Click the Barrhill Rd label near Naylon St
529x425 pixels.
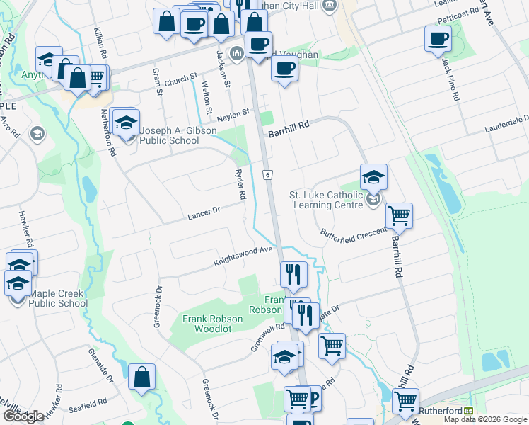(289, 125)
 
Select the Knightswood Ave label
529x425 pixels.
(243, 256)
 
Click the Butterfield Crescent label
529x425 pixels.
(353, 232)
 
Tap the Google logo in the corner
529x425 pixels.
(23, 416)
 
